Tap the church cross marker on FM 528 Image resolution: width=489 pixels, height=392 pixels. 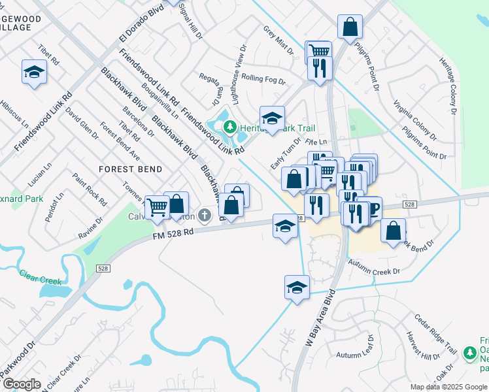(205, 215)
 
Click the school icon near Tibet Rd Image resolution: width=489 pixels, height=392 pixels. (34, 72)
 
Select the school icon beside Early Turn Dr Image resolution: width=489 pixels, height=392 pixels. (272, 118)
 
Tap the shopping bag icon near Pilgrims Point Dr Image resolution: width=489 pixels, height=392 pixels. (350, 27)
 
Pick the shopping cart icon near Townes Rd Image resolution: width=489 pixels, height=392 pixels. (157, 206)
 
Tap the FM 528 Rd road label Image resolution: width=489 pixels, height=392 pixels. (173, 233)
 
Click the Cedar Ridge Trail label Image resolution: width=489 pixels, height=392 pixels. (433, 331)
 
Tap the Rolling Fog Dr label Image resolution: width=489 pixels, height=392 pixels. (263, 79)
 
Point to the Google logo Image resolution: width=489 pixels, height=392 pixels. (22, 384)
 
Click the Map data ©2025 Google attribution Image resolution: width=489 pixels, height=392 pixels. (448, 386)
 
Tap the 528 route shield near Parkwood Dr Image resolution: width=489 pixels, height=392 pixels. (103, 268)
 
